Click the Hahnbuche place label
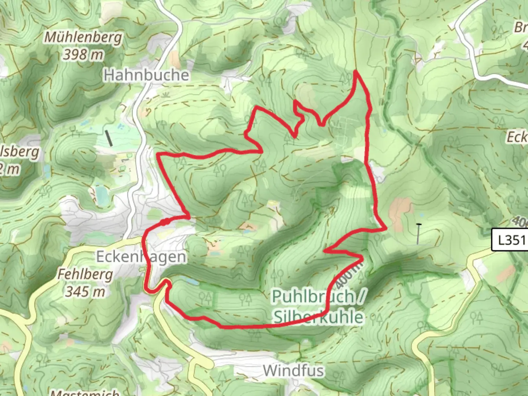click(146, 75)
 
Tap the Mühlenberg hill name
click(83, 37)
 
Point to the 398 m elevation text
click(83, 55)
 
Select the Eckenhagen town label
click(141, 257)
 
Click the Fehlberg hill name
click(85, 274)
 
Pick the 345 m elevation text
click(85, 291)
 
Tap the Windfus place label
click(293, 371)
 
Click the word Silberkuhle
click(319, 317)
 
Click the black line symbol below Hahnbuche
click(109, 138)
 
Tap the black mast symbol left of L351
click(418, 233)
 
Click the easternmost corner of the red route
click(386, 229)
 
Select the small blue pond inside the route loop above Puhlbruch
click(191, 282)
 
